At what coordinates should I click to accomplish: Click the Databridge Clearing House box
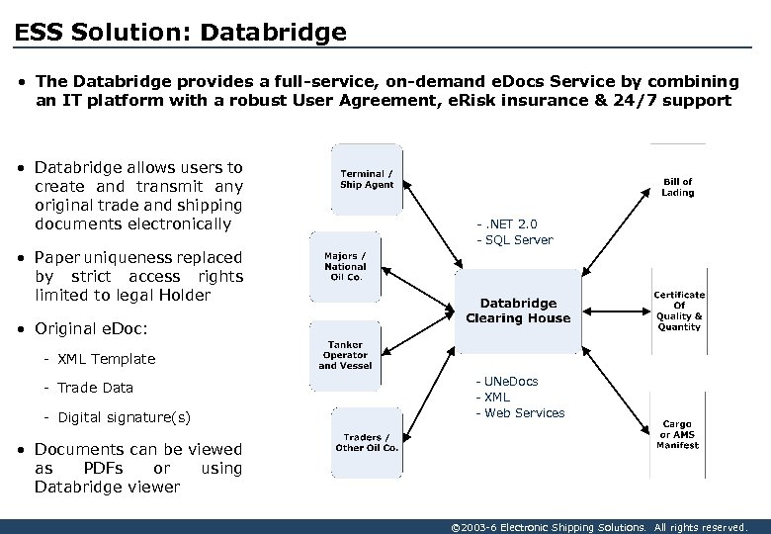pyautogui.click(x=518, y=311)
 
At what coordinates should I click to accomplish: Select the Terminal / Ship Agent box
pyautogui.click(x=367, y=179)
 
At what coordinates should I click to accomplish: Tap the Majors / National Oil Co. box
pyautogui.click(x=344, y=266)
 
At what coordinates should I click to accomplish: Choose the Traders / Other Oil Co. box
pyautogui.click(x=367, y=442)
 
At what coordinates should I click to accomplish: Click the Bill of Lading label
pyautogui.click(x=678, y=187)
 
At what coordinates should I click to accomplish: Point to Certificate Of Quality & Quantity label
pyautogui.click(x=679, y=311)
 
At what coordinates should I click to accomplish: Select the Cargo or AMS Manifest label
pyautogui.click(x=678, y=435)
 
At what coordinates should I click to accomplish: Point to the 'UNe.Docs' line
pyautogui.click(x=510, y=382)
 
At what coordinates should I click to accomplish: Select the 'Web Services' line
pyautogui.click(x=524, y=413)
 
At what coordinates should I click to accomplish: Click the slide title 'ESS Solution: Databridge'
pyautogui.click(x=181, y=33)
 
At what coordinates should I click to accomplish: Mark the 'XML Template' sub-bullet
pyautogui.click(x=106, y=359)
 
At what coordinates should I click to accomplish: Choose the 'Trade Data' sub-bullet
pyautogui.click(x=95, y=388)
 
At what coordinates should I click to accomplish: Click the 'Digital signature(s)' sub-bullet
pyautogui.click(x=124, y=417)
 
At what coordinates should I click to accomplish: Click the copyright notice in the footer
pyautogui.click(x=598, y=527)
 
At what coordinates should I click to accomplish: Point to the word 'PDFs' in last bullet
pyautogui.click(x=104, y=468)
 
